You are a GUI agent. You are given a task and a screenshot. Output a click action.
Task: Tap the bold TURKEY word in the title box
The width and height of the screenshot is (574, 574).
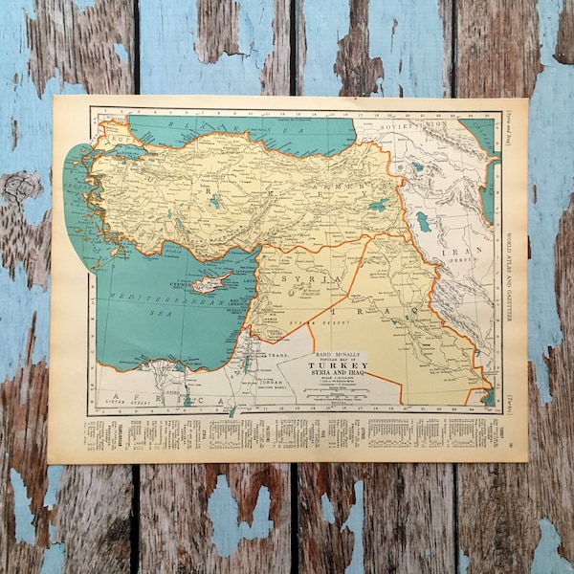pos(338,366)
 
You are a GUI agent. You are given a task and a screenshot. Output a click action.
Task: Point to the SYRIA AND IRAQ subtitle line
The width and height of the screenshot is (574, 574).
pos(338,375)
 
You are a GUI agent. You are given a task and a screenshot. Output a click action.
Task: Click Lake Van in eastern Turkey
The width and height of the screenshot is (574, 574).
pos(379,205)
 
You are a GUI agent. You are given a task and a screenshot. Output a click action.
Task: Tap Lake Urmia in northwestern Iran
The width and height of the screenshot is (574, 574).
pos(423,222)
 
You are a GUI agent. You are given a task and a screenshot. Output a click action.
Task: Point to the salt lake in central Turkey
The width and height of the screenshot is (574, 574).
pos(214,202)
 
